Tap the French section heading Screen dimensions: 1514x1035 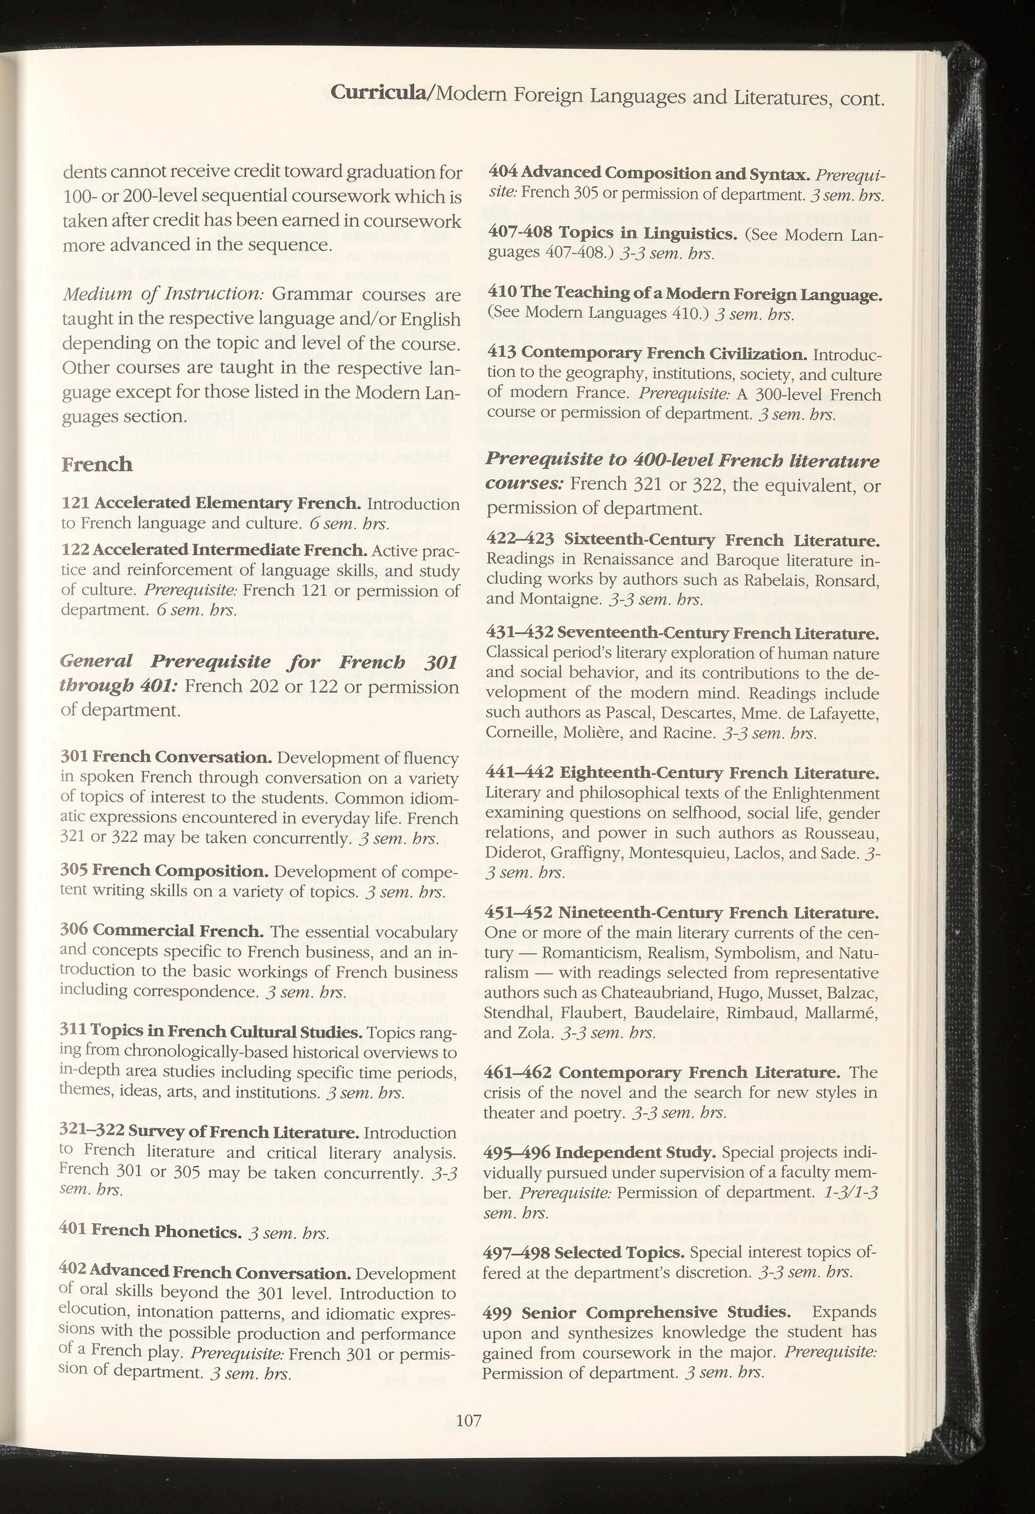coord(97,464)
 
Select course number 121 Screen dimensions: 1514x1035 coord(75,503)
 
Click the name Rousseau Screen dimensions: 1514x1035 coord(842,833)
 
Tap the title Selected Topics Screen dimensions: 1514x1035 coord(620,1252)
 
